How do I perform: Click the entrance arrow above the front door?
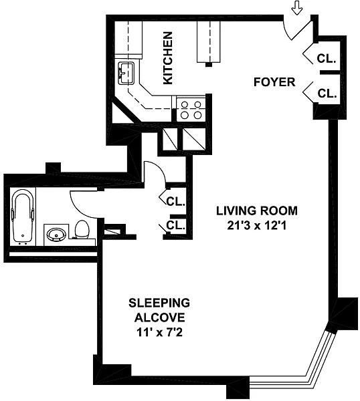coord(297,7)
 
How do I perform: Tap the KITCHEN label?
coord(168,58)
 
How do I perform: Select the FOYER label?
coord(274,82)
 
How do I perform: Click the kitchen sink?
coord(126,74)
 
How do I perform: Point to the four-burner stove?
coord(191,110)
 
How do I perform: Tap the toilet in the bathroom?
coord(82,229)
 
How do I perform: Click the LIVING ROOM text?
coord(257,211)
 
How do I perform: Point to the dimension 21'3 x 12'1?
coord(257,226)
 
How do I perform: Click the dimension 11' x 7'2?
coord(159,333)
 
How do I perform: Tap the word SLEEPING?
coord(159,303)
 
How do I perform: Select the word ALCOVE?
coord(159,318)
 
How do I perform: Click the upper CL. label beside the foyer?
coord(326,59)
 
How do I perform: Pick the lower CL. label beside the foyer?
coord(327,94)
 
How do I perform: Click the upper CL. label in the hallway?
coord(175,202)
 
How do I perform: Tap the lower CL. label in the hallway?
coord(175,225)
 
